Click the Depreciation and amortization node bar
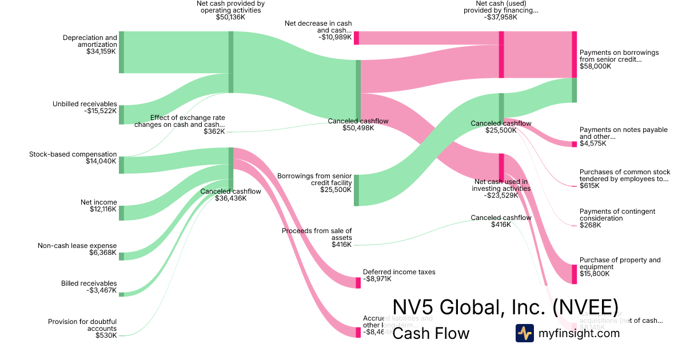121,53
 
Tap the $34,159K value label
98,51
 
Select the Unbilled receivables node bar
121,114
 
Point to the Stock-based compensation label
73,154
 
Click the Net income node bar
121,213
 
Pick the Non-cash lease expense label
77,246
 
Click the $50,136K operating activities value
230,17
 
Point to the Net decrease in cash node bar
356,38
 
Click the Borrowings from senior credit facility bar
356,190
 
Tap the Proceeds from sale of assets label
317,234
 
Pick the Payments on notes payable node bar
575,144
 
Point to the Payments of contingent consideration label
617,215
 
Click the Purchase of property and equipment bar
575,274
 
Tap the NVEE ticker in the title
585,306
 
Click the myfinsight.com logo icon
524,333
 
